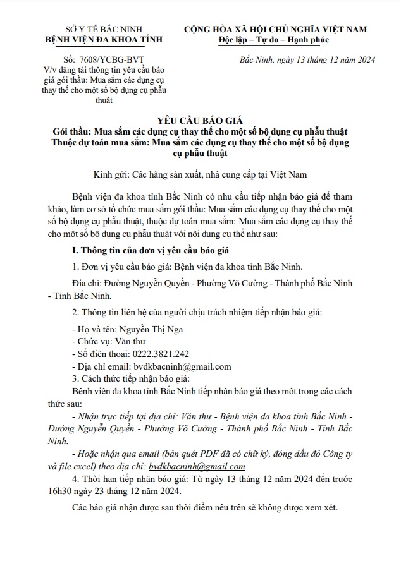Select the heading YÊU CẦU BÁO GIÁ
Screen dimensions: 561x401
pyautogui.click(x=200, y=121)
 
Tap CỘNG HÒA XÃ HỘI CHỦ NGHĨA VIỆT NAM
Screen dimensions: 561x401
pyautogui.click(x=275, y=29)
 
